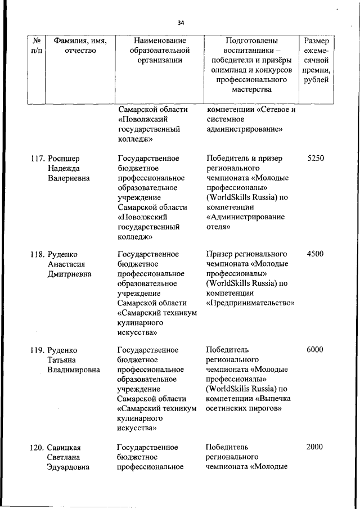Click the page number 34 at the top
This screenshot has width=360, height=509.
click(x=181, y=23)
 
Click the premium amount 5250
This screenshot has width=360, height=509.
click(x=316, y=159)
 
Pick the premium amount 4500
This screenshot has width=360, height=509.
click(x=315, y=254)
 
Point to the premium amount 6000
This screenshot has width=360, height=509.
click(x=315, y=350)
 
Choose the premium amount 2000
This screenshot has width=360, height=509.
click(x=315, y=447)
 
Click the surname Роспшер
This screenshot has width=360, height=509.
click(x=66, y=159)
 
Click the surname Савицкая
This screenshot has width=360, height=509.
click(x=67, y=447)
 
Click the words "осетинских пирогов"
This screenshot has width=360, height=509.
click(x=244, y=408)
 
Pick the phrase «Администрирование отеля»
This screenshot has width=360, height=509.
click(x=245, y=222)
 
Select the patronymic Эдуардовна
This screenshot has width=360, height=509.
click(x=68, y=467)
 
